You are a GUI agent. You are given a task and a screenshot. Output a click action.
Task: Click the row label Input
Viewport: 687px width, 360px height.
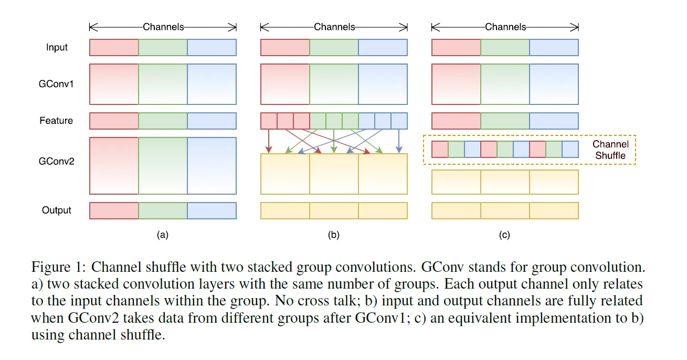click(57, 47)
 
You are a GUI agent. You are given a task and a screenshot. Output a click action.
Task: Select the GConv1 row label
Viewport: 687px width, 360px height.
click(56, 84)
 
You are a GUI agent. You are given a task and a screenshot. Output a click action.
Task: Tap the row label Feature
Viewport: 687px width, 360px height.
click(56, 121)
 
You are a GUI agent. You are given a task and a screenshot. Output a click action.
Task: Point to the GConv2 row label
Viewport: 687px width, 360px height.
click(57, 161)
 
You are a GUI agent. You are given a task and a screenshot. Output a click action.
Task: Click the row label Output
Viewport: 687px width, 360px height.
click(57, 210)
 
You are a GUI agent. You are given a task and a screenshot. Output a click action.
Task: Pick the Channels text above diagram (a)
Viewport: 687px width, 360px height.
click(163, 27)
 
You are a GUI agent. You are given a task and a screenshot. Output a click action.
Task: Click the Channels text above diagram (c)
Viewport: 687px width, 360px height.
click(505, 27)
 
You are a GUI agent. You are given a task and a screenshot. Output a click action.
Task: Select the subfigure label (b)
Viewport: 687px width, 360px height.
click(334, 235)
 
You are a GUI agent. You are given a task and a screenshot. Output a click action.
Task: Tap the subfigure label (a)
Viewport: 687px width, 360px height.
click(163, 235)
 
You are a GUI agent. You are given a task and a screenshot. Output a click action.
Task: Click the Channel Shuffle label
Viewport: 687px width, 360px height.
click(610, 150)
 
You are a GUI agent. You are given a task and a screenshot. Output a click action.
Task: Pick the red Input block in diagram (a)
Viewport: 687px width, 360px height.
click(114, 48)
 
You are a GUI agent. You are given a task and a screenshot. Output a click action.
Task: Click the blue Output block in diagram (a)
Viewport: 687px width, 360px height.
click(212, 210)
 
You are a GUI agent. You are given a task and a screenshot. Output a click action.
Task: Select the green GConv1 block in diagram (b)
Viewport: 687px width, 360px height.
click(334, 84)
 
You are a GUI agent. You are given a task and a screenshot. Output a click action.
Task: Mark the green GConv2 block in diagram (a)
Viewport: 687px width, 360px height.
click(163, 166)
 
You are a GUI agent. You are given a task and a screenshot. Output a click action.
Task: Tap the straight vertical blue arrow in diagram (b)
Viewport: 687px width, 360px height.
click(399, 141)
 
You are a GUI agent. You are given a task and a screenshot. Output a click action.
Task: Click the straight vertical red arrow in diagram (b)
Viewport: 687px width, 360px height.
click(269, 141)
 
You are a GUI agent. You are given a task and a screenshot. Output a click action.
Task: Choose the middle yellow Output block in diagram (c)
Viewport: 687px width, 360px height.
click(505, 210)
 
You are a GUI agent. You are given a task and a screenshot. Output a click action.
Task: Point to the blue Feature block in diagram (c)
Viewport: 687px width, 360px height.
click(554, 121)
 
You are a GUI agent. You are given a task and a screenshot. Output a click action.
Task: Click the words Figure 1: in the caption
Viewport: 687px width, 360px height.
click(59, 267)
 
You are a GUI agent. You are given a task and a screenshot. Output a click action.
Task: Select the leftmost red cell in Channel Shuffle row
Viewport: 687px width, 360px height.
click(440, 150)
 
